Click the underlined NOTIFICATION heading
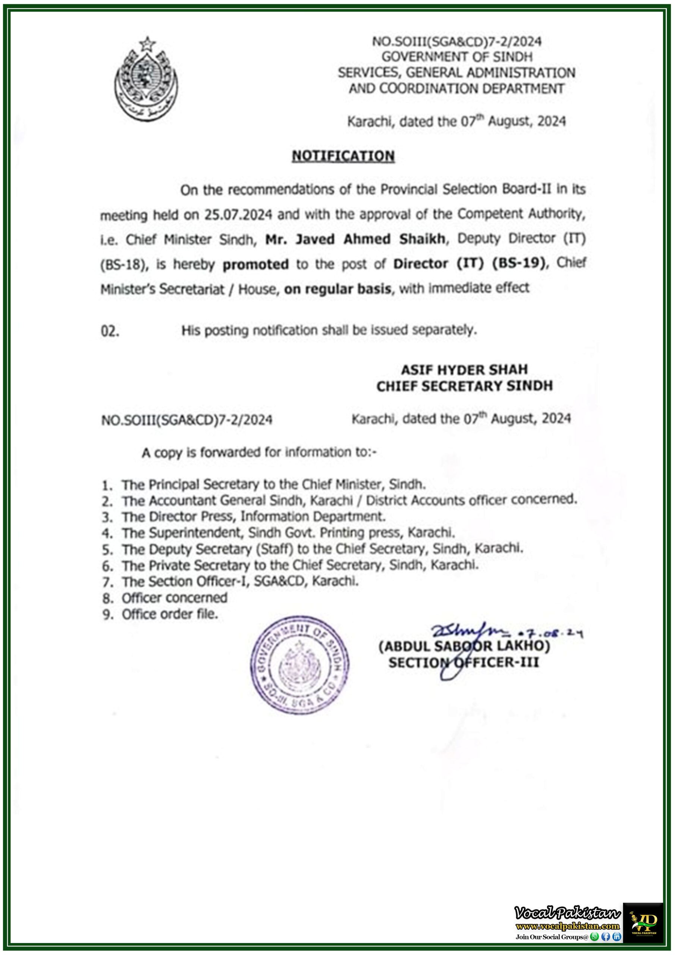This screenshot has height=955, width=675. click(x=343, y=156)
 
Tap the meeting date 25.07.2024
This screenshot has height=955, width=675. click(x=238, y=215)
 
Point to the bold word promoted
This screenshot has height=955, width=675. click(x=255, y=264)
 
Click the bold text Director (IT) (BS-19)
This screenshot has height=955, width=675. click(x=469, y=264)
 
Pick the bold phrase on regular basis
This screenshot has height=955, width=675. click(x=337, y=289)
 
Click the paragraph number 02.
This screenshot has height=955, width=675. click(x=110, y=332)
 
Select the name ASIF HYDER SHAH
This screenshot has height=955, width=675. click(x=464, y=369)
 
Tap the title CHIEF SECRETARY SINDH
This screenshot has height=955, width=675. click(x=464, y=386)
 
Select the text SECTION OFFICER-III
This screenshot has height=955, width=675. click(x=463, y=663)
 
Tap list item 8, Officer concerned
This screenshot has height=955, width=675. click(x=174, y=598)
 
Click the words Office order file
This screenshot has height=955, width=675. click(x=170, y=614)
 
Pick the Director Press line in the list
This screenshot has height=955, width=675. click(x=253, y=517)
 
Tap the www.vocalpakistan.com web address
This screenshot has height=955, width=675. click(x=567, y=926)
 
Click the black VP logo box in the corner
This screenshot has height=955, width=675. click(x=643, y=922)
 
